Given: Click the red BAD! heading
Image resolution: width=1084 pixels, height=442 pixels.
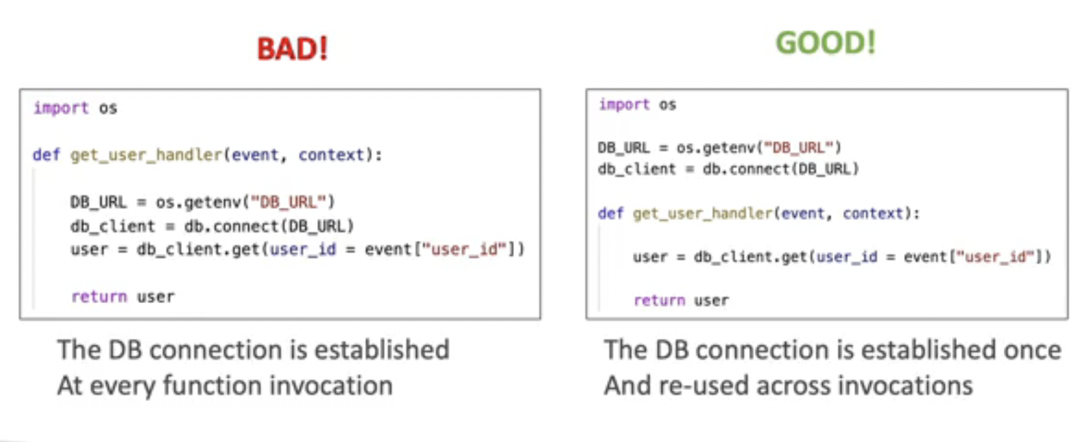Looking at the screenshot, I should [x=293, y=49].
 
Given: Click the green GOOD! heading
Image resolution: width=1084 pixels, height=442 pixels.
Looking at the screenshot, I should [x=825, y=43].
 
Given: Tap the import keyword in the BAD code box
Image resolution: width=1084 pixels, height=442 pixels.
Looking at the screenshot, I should [x=61, y=108].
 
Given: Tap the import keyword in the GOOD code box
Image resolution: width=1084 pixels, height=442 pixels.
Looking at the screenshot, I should [x=624, y=105].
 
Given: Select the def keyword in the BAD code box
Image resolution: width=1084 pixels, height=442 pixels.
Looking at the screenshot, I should [x=46, y=155].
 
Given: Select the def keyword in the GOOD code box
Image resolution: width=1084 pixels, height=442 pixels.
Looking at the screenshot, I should [x=610, y=213].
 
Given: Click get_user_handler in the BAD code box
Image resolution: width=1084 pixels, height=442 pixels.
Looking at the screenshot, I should [x=146, y=155].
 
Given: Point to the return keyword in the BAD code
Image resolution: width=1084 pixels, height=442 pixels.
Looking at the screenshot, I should [x=99, y=297].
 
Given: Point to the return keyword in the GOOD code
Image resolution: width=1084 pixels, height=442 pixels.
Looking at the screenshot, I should [x=659, y=300].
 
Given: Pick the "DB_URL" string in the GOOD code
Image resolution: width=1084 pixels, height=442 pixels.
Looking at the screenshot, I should [x=798, y=148].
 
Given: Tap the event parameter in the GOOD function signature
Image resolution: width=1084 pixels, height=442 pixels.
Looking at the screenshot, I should [x=803, y=213].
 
